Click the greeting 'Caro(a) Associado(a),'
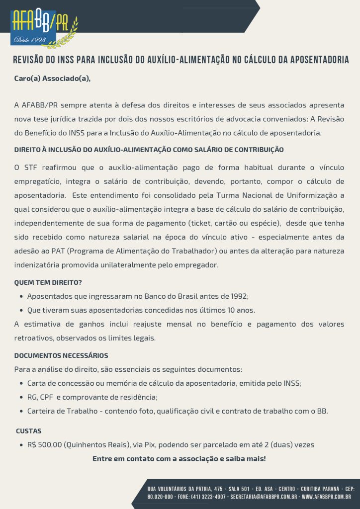pyautogui.click(x=52, y=79)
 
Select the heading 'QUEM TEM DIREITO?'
pyautogui.click(x=48, y=283)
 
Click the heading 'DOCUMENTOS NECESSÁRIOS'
pyautogui.click(x=61, y=356)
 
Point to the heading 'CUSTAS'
pyautogui.click(x=29, y=430)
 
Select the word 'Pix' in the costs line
pyautogui.click(x=150, y=444)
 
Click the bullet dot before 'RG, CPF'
pyautogui.click(x=21, y=397)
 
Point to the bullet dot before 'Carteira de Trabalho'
pyautogui.click(x=21, y=411)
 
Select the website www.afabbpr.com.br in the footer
pyautogui.click(x=326, y=497)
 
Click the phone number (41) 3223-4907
pyautogui.click(x=203, y=497)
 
